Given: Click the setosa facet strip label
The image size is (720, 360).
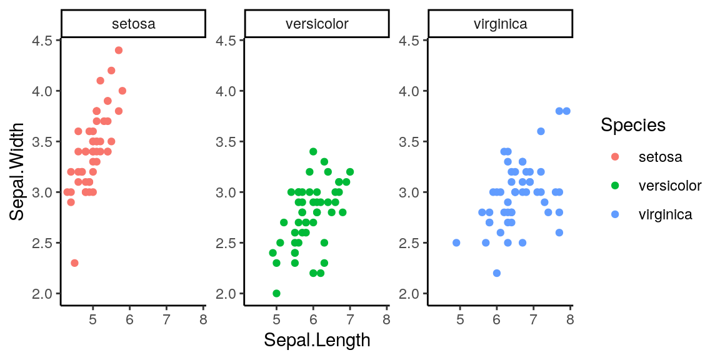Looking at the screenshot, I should pos(133,24).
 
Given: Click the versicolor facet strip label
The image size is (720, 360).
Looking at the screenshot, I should pos(317,24).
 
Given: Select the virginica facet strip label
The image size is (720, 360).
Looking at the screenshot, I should pos(501,24).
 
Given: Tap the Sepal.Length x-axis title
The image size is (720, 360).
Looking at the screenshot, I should pos(317,340).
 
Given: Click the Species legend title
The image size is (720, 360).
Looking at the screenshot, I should pos(632,125).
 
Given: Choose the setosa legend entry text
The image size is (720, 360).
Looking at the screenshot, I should pos(660,157).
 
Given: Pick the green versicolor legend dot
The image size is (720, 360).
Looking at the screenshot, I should pos(614,186).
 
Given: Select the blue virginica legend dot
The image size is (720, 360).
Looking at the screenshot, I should pos(614,215).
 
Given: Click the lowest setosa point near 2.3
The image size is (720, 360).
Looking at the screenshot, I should pos(74,263).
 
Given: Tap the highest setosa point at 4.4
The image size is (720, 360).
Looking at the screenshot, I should pos(119,50).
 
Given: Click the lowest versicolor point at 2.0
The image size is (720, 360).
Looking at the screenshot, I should pos(276,293).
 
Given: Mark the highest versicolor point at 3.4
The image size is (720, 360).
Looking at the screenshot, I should pos(313,151).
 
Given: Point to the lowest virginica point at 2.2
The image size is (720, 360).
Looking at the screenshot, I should pos(497,273).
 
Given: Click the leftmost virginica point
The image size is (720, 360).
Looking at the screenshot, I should pos(456,242).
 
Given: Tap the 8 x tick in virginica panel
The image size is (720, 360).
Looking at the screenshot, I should pos(570,320).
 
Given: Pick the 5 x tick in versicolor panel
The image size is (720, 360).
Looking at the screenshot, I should pos(276,320).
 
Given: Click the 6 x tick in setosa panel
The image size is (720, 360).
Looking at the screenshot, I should pos(129,320).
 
